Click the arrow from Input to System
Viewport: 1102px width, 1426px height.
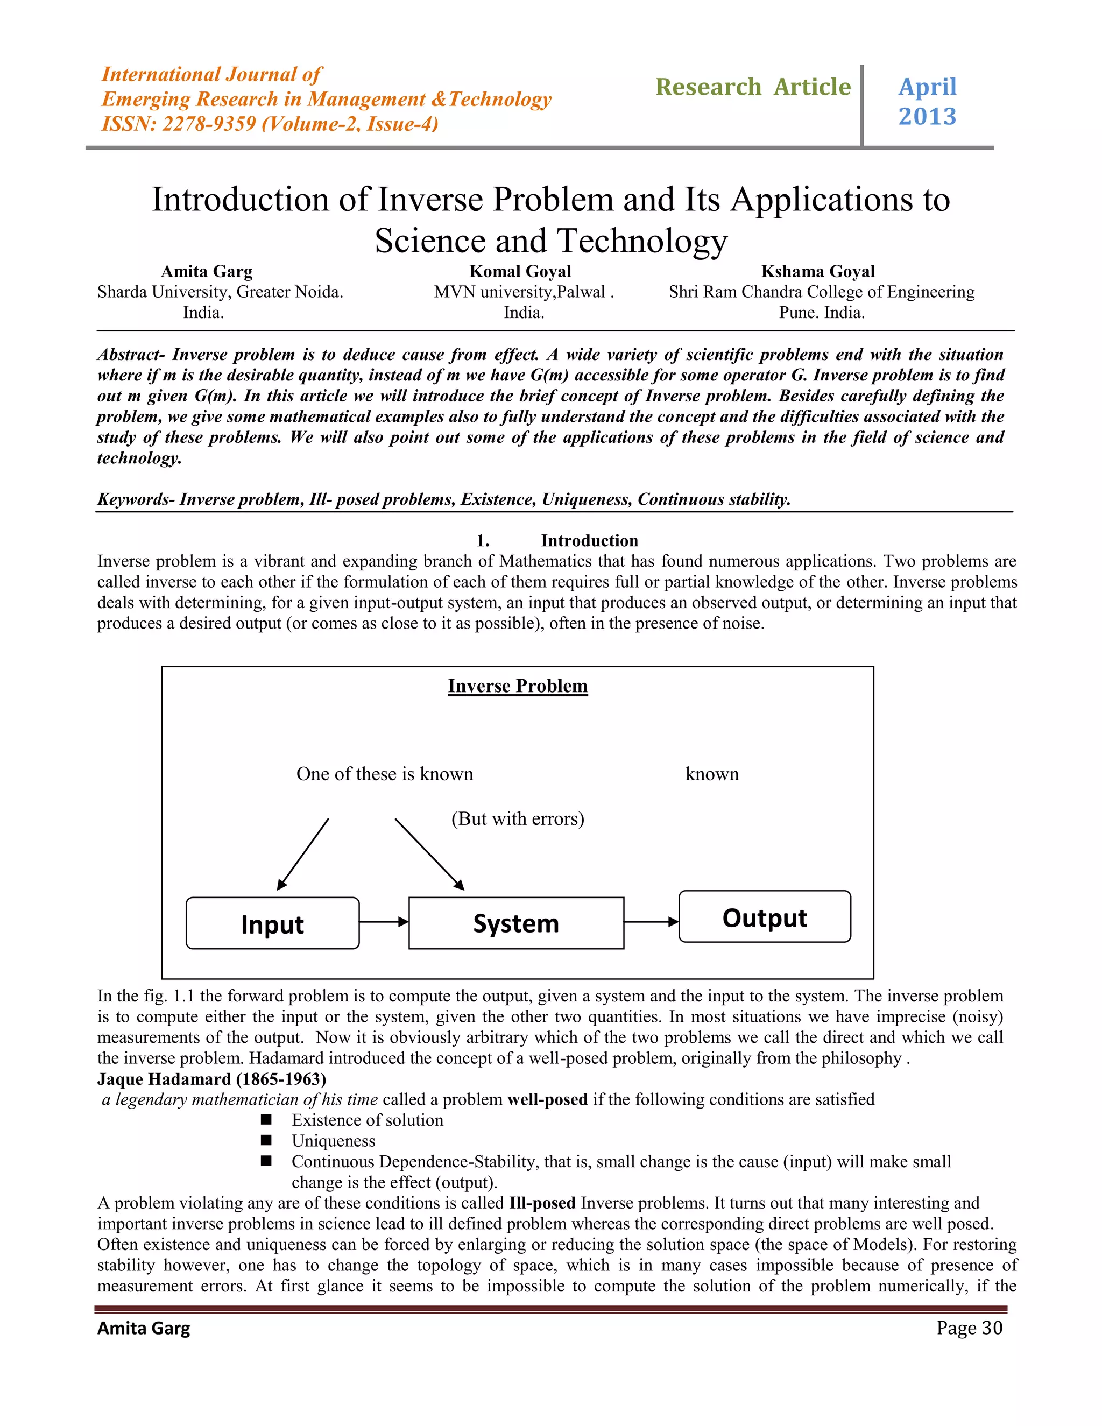tap(384, 922)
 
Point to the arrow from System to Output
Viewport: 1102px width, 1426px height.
tap(652, 922)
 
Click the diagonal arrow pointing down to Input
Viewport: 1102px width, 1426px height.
tap(303, 854)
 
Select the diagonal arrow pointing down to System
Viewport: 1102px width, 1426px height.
tap(429, 854)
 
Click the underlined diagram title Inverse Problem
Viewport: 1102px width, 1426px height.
tap(518, 686)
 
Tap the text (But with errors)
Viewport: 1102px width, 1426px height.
tap(518, 819)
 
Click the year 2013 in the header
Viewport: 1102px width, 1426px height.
tap(927, 117)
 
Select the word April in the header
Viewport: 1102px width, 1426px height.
tap(927, 87)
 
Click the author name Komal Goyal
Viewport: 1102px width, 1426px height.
tap(520, 272)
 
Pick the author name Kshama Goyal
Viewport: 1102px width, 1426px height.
tap(818, 272)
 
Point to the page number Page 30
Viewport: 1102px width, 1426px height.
tap(969, 1328)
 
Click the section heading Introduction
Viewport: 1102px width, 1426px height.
tap(590, 541)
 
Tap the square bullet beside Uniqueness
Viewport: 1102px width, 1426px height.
tap(266, 1140)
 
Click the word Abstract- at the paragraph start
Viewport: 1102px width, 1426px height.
tap(132, 355)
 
